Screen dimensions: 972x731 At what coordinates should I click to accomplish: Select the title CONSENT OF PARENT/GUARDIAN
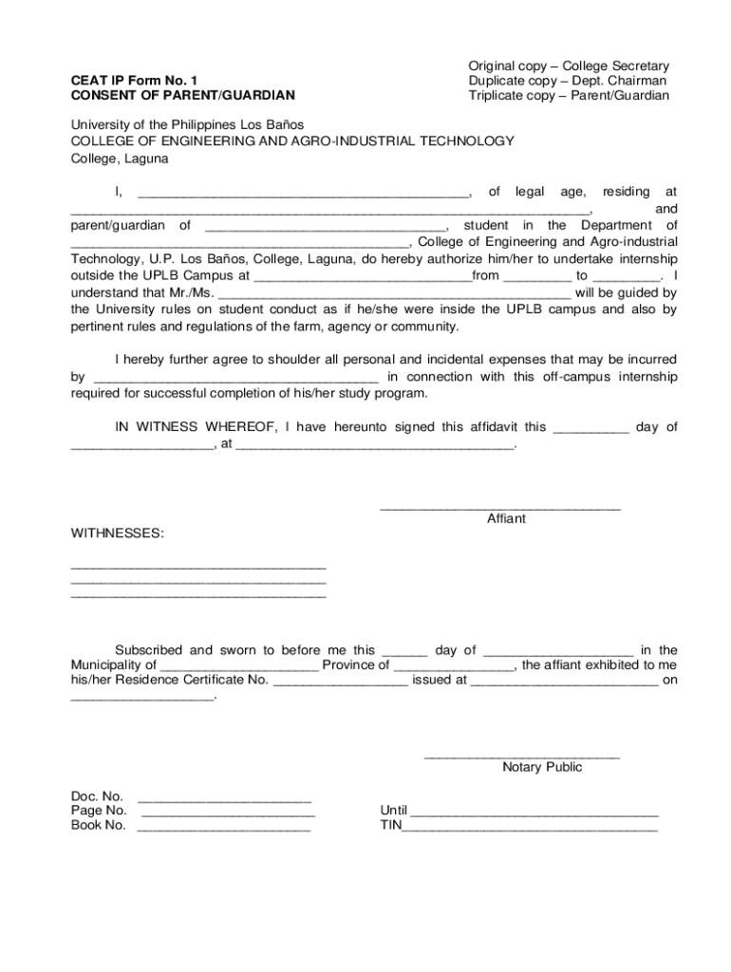tap(183, 96)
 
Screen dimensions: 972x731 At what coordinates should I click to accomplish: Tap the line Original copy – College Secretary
tap(569, 65)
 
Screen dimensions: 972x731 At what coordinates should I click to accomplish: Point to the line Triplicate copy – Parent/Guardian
tap(569, 96)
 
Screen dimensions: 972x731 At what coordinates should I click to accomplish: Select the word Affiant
tap(506, 519)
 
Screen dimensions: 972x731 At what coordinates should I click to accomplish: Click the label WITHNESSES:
tap(118, 533)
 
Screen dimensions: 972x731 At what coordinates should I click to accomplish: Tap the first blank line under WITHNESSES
tap(198, 567)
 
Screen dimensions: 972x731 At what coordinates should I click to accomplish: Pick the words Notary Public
tap(542, 767)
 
